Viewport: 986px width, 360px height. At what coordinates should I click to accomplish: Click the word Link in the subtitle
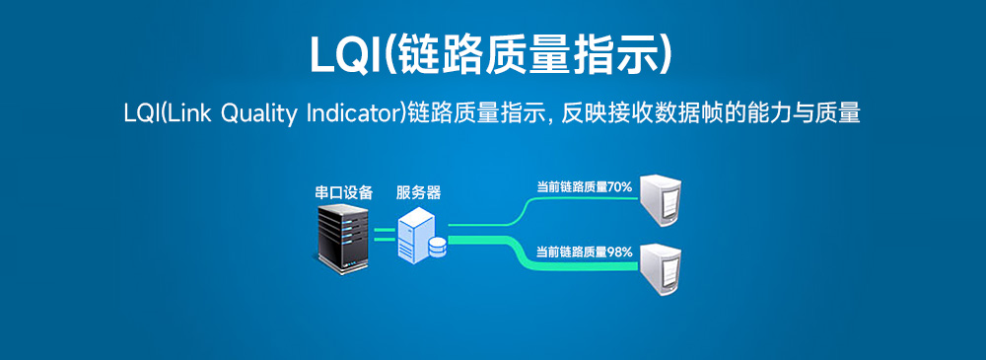[189, 113]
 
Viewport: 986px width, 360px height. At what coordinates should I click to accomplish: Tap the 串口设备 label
[337, 192]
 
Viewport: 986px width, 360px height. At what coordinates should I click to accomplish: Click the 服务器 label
[418, 192]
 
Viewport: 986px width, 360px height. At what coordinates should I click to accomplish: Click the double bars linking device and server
[384, 234]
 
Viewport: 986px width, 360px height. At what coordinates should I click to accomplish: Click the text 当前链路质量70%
[584, 186]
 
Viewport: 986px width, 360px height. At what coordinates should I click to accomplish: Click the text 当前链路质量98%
[584, 252]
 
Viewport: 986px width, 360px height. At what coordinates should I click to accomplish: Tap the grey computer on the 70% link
[662, 200]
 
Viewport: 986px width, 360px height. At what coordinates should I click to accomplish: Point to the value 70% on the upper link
[619, 186]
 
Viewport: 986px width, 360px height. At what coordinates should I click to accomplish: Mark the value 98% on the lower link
[619, 252]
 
